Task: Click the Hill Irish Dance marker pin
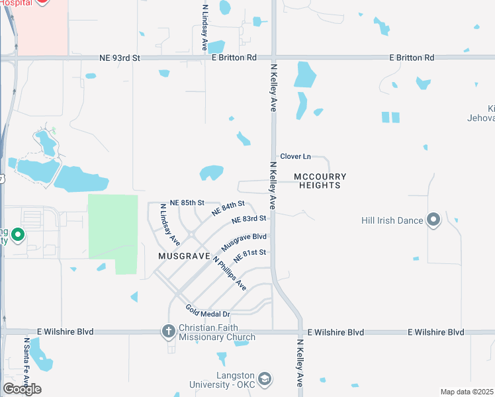(x=434, y=220)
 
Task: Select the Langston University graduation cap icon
(x=265, y=379)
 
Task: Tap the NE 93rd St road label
(x=120, y=58)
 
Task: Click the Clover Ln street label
(x=295, y=156)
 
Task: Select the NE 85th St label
(x=187, y=202)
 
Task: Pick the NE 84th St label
(x=228, y=208)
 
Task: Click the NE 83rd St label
(x=249, y=219)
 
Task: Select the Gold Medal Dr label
(x=207, y=310)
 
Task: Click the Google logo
(x=22, y=389)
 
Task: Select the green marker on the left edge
(x=18, y=235)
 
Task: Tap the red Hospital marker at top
(x=42, y=2)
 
